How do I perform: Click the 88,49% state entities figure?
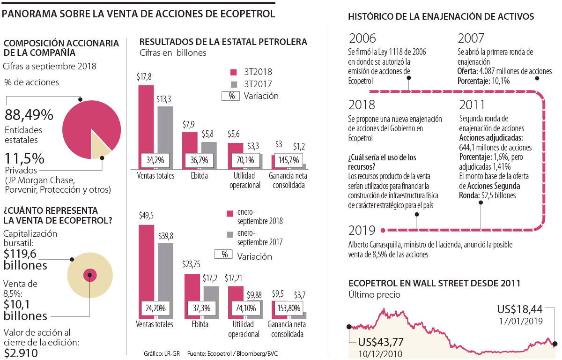[x=29, y=115]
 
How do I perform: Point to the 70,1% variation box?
[x=245, y=160]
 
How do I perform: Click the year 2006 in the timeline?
[x=362, y=38]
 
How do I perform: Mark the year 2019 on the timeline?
[x=362, y=230]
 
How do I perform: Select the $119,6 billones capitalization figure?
[x=25, y=260]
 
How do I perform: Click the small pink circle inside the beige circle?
[x=89, y=275]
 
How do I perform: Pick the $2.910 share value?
[x=21, y=352]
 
